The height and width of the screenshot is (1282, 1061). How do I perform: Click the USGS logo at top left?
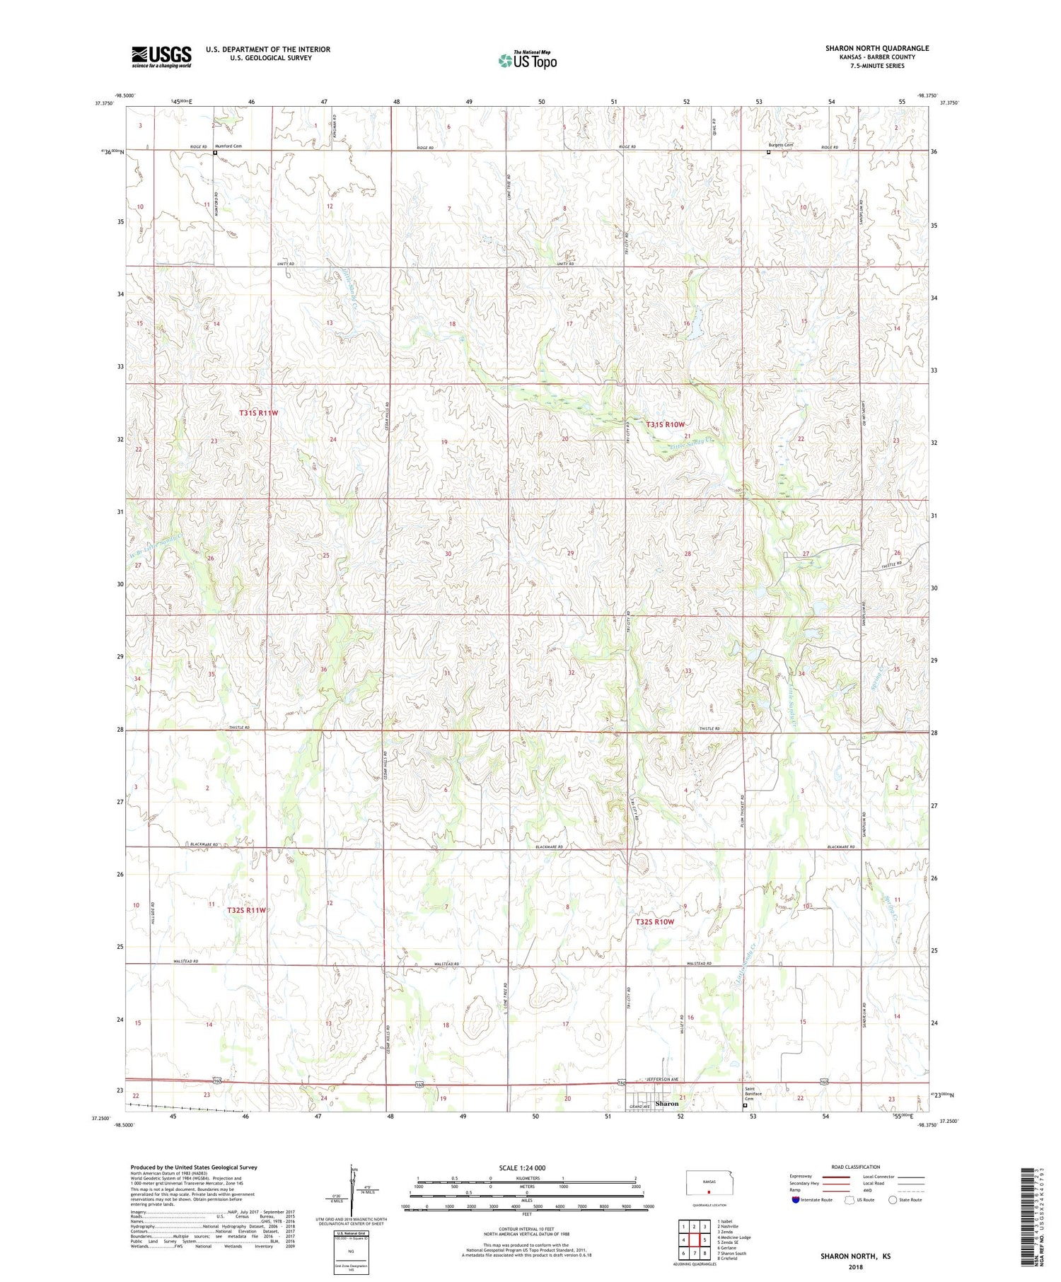coord(161,57)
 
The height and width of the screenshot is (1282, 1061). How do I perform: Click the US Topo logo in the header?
coord(526,61)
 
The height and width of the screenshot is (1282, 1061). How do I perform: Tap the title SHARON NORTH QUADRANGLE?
coord(876,48)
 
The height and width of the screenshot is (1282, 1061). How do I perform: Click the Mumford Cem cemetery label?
coord(228,146)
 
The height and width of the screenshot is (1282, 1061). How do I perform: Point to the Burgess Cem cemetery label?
coord(781,145)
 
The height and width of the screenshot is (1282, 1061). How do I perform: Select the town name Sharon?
coord(666,1103)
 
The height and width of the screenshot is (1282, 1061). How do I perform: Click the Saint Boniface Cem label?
coord(753,1093)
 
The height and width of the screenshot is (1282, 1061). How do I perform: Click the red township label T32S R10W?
coord(654,922)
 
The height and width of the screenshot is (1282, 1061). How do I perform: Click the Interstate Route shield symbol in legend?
coord(796,1200)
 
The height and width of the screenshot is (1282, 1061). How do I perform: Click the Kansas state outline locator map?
coord(706,1183)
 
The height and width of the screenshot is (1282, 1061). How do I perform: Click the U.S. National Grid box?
coord(351,1252)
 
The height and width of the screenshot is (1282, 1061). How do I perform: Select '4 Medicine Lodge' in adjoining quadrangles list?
coord(734,1237)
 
